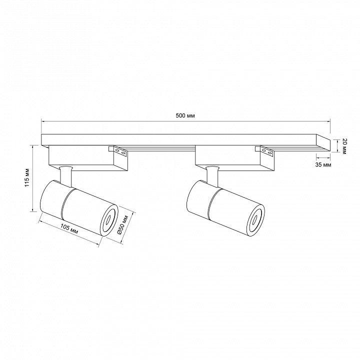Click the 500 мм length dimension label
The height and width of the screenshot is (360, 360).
pyautogui.click(x=185, y=115)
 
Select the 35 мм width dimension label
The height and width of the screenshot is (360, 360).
pyautogui.click(x=323, y=164)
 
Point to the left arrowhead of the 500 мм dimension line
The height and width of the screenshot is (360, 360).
pyautogui.click(x=43, y=121)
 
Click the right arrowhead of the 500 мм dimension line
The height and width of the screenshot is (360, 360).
pyautogui.click(x=329, y=121)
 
